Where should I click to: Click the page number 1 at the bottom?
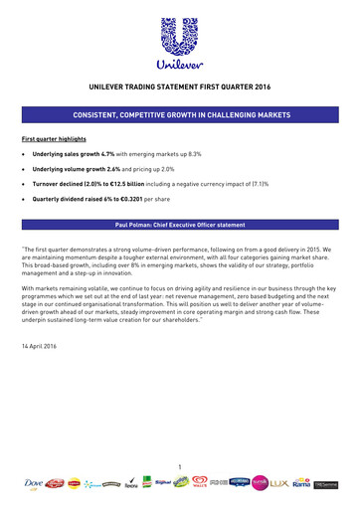pyautogui.click(x=180, y=466)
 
